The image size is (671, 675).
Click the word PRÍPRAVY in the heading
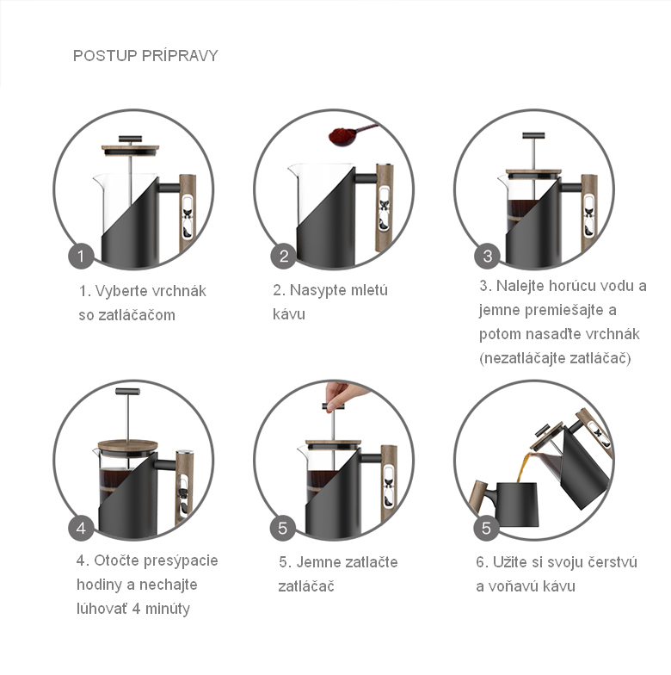click(180, 55)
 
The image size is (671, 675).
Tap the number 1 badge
click(81, 257)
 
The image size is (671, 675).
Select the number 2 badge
click(284, 257)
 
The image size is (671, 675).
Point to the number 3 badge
click(487, 257)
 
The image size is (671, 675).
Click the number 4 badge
click(81, 528)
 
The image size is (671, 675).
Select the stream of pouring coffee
click(526, 467)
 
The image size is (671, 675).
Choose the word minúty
click(167, 609)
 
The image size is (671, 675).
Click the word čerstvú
click(613, 562)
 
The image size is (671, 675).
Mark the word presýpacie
click(181, 561)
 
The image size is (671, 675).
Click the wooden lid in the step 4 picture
click(127, 444)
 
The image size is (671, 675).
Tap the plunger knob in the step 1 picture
click(131, 139)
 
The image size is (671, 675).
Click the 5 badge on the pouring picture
click(487, 528)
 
